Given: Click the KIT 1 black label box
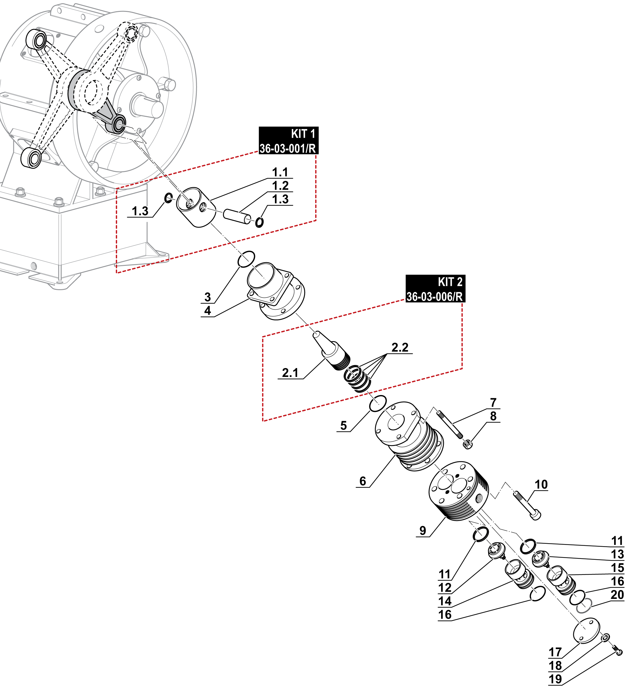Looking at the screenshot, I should click(x=288, y=140).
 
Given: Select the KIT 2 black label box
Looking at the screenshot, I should click(x=435, y=289).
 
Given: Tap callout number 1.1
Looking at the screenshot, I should click(x=280, y=172).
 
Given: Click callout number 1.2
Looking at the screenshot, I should click(x=280, y=186).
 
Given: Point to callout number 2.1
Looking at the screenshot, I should click(x=290, y=373).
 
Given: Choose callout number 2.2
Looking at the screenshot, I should click(x=400, y=347).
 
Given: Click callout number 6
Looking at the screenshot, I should click(x=363, y=481).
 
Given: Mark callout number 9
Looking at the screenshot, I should click(x=423, y=530).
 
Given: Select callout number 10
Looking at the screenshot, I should click(x=541, y=484).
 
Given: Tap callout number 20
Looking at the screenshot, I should click(x=617, y=595).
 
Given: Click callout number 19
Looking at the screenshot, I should click(x=555, y=679).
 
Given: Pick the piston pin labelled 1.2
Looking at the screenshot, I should click(x=237, y=216).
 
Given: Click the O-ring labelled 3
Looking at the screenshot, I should click(x=246, y=259).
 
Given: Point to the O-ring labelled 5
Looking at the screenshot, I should click(x=378, y=404).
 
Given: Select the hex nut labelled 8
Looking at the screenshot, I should click(x=467, y=444).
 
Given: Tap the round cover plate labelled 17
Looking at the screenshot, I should click(x=587, y=631).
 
